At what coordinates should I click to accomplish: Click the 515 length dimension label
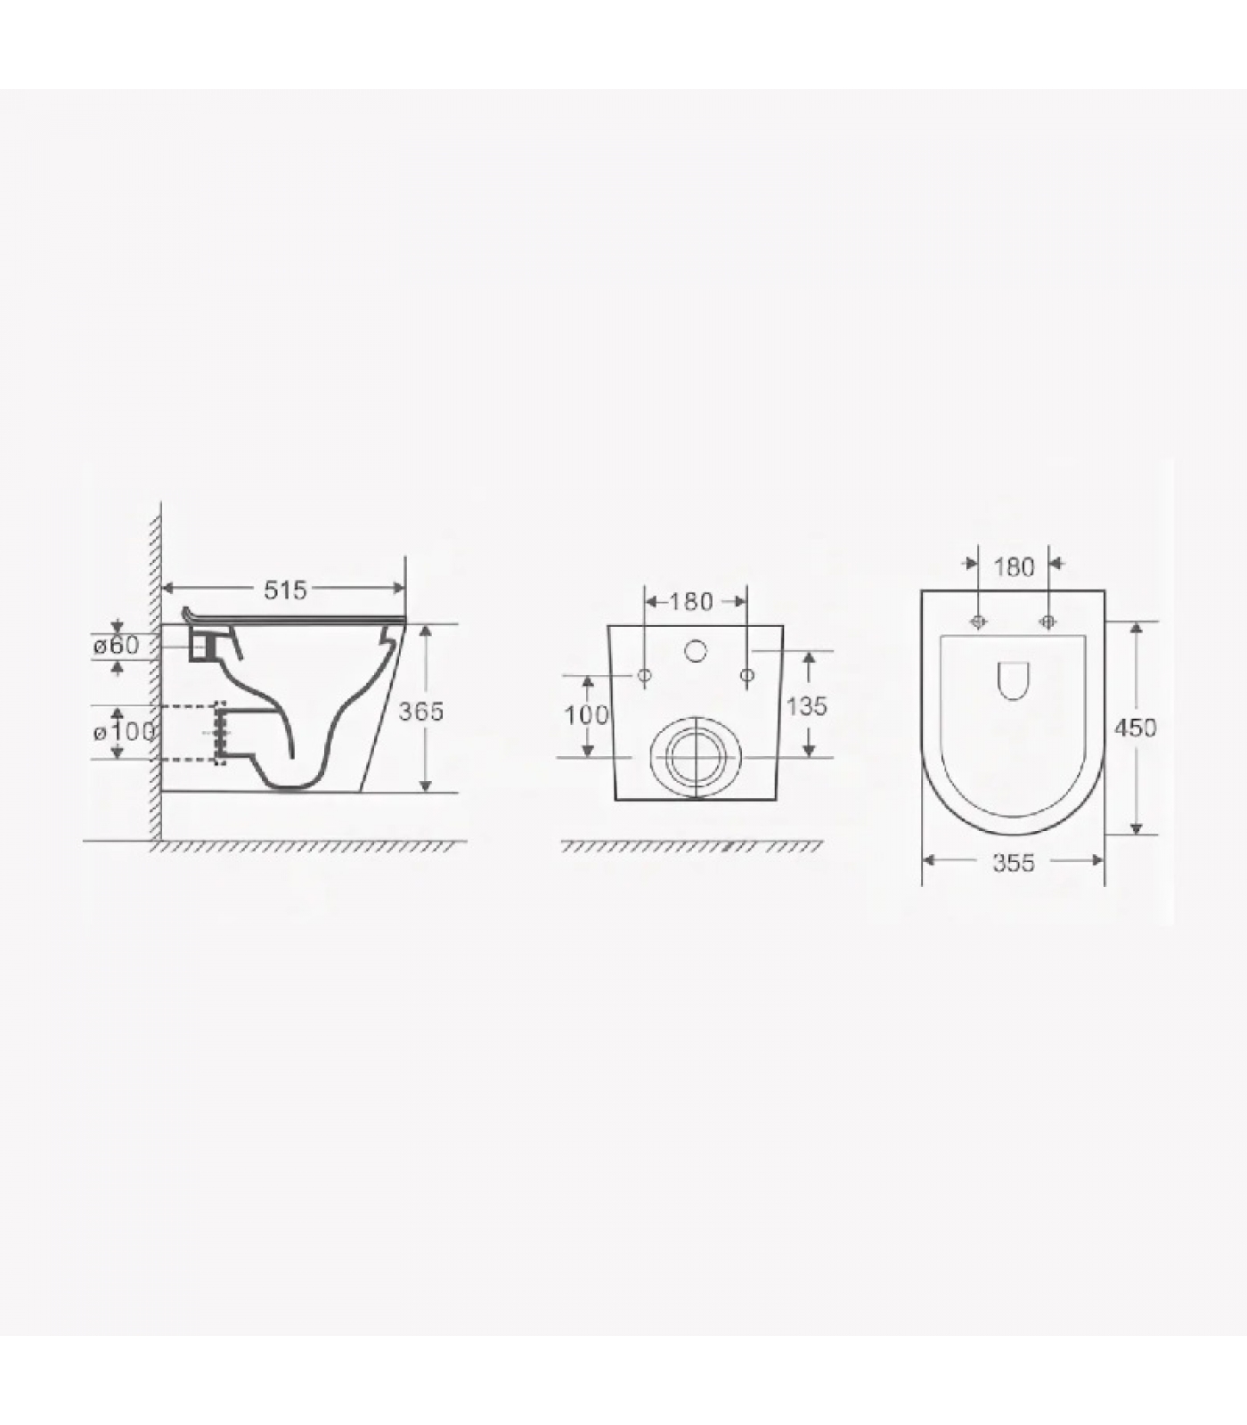pyautogui.click(x=285, y=589)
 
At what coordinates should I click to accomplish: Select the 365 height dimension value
pyautogui.click(x=420, y=711)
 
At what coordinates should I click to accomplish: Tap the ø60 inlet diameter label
pyautogui.click(x=117, y=645)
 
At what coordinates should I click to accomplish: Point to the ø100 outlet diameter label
pyautogui.click(x=124, y=732)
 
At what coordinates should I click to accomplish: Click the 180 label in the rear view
pyautogui.click(x=691, y=602)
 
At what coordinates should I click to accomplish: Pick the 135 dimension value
pyautogui.click(x=807, y=706)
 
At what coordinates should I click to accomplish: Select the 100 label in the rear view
pyautogui.click(x=586, y=714)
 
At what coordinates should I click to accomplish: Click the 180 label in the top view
pyautogui.click(x=1014, y=566)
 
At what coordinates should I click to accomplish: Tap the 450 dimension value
pyautogui.click(x=1136, y=728)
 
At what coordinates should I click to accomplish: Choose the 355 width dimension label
pyautogui.click(x=1014, y=862)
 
